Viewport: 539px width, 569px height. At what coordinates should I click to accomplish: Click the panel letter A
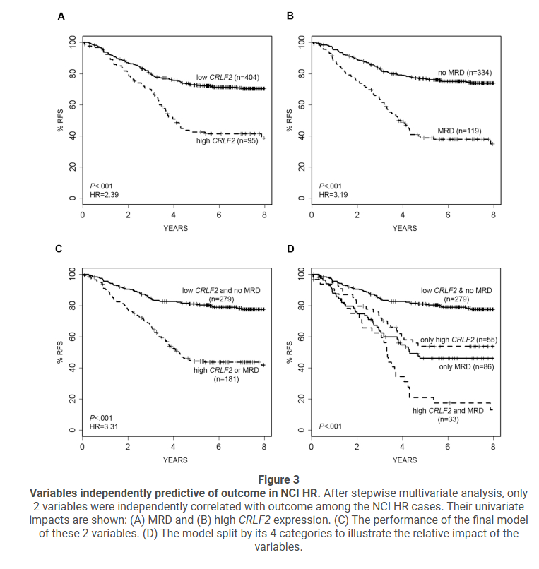pos(61,17)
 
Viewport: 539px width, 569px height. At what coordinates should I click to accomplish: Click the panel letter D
pos(290,249)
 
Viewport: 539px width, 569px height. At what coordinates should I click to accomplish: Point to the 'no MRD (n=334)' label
pos(464,73)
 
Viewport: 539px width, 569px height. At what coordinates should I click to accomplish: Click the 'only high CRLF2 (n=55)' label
pos(458,340)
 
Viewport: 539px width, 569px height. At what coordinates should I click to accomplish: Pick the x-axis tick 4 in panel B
pos(402,215)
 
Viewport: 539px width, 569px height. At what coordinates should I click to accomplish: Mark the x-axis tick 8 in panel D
pos(493,447)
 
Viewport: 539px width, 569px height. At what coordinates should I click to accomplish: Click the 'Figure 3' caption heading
pos(268,479)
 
